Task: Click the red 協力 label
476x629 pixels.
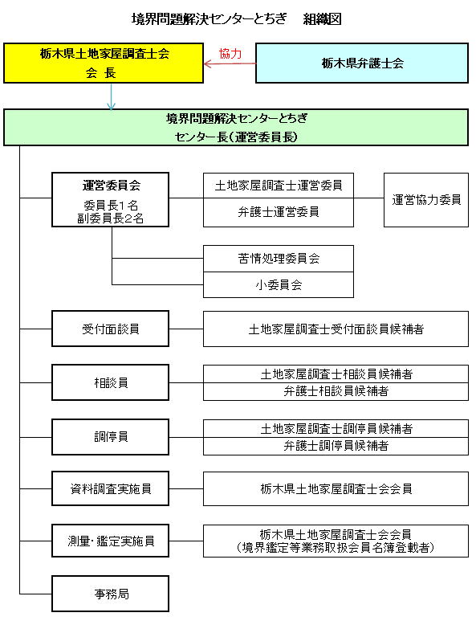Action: click(x=230, y=54)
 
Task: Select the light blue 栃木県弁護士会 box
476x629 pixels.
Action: click(x=362, y=63)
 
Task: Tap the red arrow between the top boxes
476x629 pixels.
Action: click(x=230, y=63)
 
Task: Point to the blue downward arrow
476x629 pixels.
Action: click(x=111, y=96)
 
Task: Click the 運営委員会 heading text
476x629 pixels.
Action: click(x=111, y=186)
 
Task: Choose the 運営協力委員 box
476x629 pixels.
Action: click(x=426, y=200)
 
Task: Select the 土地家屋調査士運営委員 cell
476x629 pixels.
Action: click(x=279, y=186)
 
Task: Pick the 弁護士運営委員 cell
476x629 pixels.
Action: click(x=279, y=212)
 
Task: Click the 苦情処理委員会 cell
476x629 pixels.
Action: click(x=279, y=259)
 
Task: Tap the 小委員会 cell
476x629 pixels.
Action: click(x=279, y=285)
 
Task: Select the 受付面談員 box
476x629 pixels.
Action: click(x=110, y=329)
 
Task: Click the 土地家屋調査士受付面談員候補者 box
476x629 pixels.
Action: click(x=336, y=329)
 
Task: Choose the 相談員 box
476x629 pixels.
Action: click(x=110, y=382)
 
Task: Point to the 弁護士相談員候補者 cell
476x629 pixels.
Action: click(x=336, y=391)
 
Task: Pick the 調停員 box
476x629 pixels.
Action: click(x=110, y=437)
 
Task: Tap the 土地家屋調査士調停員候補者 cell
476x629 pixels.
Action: click(x=336, y=428)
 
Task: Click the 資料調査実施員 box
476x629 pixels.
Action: click(x=110, y=488)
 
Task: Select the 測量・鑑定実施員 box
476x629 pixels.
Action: click(x=110, y=541)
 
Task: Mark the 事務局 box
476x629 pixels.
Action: click(x=110, y=594)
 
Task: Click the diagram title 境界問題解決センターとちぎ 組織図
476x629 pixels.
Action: click(x=237, y=18)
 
